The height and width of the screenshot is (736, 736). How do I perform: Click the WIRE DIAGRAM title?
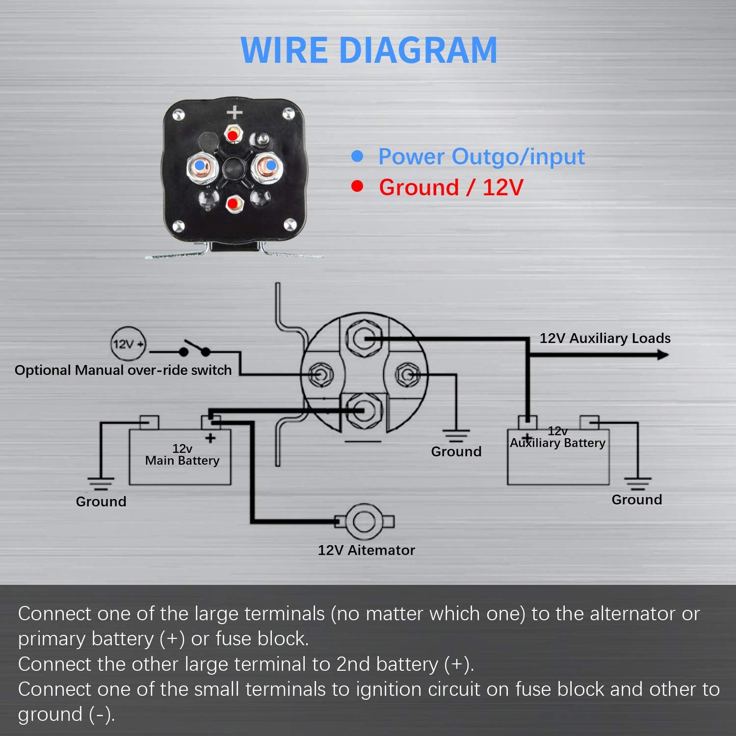(x=369, y=50)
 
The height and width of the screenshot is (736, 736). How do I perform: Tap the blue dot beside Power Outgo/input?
(x=357, y=157)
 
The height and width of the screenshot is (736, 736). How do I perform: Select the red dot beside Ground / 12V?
(x=357, y=186)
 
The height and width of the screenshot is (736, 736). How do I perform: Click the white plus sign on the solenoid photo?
(x=235, y=112)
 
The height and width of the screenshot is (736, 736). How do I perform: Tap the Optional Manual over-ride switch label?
(x=123, y=370)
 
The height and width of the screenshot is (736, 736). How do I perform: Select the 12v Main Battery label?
(x=182, y=455)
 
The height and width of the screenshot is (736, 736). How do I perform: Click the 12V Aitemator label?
(x=366, y=550)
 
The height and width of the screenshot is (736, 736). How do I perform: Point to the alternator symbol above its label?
(x=364, y=522)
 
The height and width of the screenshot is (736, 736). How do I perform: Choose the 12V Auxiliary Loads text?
(x=605, y=338)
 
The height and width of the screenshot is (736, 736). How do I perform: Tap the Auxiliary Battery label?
(x=557, y=443)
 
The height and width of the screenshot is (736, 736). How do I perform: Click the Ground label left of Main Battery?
(x=101, y=501)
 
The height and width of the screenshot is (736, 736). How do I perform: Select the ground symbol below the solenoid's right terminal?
(x=456, y=435)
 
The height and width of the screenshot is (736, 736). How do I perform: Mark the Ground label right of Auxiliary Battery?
(x=636, y=499)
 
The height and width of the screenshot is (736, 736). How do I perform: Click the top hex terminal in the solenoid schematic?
(x=364, y=339)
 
